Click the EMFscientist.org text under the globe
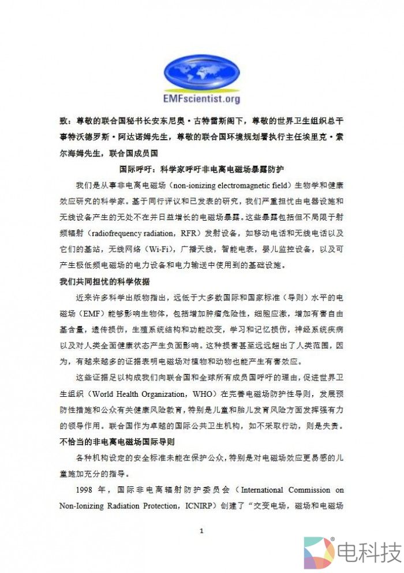point(201,99)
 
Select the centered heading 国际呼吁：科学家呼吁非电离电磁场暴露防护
point(201,169)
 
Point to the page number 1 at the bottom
point(201,531)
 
